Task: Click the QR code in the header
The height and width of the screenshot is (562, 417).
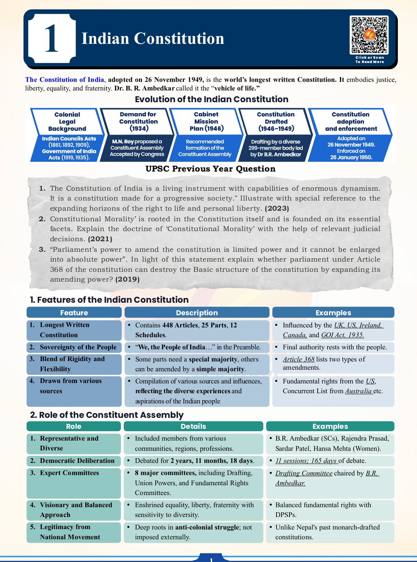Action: point(369,35)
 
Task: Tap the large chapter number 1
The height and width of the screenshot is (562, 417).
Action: point(52,38)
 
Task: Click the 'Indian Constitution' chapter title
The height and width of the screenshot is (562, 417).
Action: point(153,39)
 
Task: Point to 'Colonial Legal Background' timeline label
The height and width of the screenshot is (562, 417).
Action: point(67,121)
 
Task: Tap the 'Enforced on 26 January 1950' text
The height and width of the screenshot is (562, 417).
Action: point(351,154)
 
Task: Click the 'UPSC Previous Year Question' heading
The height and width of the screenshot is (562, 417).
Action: point(210,169)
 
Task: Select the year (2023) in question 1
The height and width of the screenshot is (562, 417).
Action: point(277,208)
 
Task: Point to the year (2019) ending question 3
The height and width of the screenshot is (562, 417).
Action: point(128,279)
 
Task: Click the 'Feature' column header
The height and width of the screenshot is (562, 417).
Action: point(74,313)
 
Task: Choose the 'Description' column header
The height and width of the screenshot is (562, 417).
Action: point(197,313)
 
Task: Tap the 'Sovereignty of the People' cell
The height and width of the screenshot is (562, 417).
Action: point(78,347)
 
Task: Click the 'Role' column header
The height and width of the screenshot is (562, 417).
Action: point(74,426)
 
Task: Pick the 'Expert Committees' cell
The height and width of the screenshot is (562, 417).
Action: point(69,473)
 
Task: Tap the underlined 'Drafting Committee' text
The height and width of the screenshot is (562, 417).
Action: point(304,473)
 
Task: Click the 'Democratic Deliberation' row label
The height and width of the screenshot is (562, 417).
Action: point(77,461)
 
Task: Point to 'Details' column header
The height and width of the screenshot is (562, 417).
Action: point(193,426)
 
